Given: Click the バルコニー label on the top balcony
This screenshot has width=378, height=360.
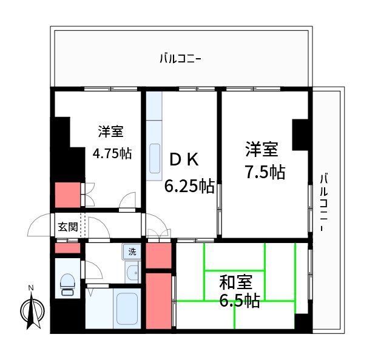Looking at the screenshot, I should (x=180, y=59).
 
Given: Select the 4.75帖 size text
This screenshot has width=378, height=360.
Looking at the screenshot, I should (x=112, y=153).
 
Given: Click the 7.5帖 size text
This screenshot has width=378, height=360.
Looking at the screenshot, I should (x=265, y=172).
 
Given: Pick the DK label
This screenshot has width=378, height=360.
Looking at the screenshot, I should (x=183, y=160).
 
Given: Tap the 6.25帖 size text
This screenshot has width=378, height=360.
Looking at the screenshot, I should (x=190, y=185).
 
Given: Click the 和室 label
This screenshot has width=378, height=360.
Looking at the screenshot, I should (x=235, y=282).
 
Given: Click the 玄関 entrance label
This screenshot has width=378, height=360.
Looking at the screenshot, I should (x=67, y=227).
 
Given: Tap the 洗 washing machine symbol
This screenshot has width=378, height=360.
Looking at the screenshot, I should (x=132, y=251).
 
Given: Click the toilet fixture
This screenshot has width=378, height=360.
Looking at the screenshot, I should (x=67, y=283).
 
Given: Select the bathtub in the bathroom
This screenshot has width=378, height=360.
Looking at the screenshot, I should (x=127, y=310).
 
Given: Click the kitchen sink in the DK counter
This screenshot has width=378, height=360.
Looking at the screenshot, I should (x=154, y=159).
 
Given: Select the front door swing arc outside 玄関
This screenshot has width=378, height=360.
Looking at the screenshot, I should (x=38, y=225).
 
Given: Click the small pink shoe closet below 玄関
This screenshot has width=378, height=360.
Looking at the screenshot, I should (x=67, y=248).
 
